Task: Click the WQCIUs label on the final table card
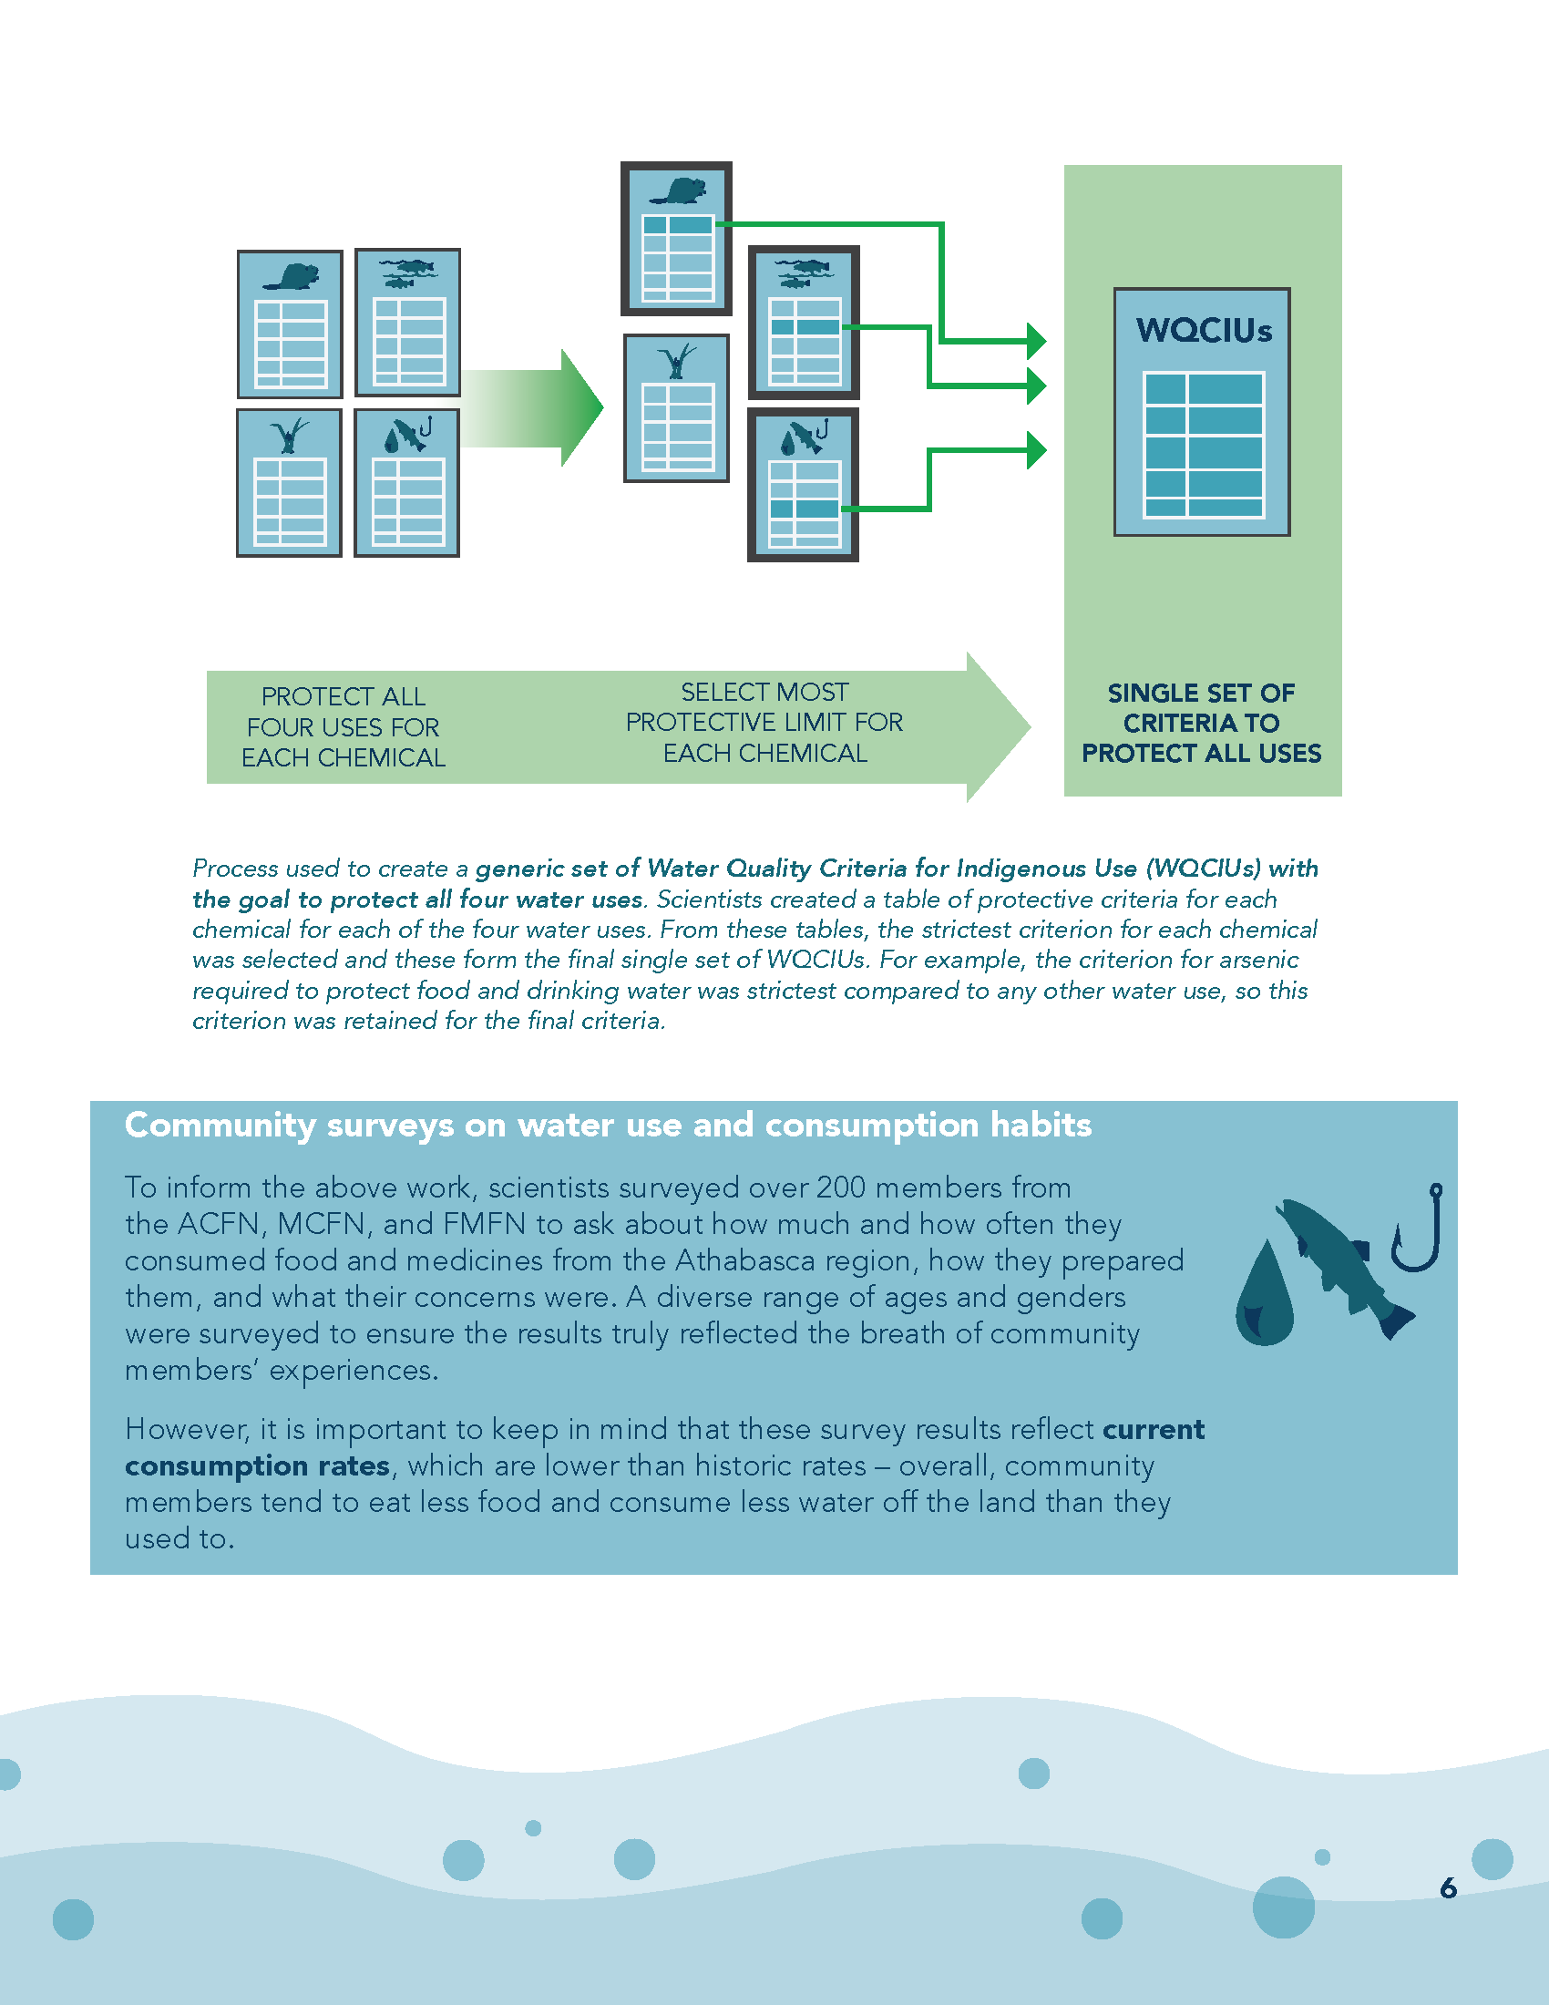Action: (x=1204, y=331)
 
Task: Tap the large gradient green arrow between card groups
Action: (x=532, y=407)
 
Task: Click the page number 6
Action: (x=1448, y=1887)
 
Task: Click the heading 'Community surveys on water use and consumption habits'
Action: (x=609, y=1125)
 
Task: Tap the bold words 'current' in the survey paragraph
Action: (x=1154, y=1429)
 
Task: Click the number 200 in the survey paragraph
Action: (x=842, y=1187)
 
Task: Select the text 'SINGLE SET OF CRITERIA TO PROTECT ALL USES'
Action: (x=1201, y=724)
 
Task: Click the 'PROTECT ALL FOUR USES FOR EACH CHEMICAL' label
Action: (x=344, y=727)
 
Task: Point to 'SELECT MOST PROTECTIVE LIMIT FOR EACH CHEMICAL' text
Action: (x=764, y=723)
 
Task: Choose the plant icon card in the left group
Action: (x=289, y=483)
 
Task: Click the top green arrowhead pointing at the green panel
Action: (x=1037, y=342)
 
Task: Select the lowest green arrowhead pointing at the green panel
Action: (x=1037, y=450)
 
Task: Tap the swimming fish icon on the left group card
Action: (x=407, y=272)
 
